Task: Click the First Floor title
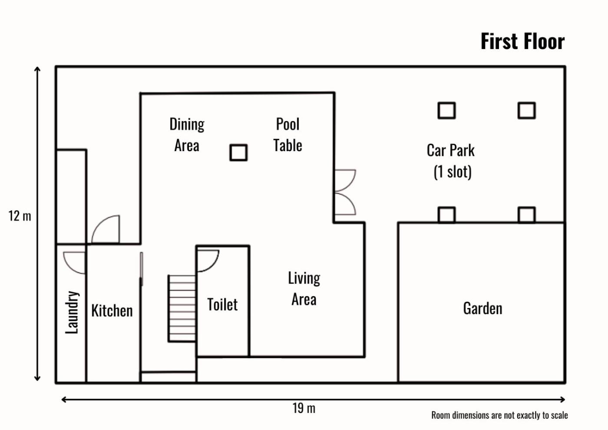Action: (522, 42)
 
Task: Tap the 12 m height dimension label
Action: (20, 216)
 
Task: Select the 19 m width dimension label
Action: (304, 408)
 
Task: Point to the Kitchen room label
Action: (112, 311)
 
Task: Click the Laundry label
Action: (72, 312)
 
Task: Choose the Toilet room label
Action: (222, 304)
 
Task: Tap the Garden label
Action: (482, 309)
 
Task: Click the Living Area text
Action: (304, 289)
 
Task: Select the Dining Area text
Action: (187, 135)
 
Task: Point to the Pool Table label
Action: (287, 135)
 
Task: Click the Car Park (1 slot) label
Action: (451, 161)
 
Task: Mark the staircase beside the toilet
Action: (182, 308)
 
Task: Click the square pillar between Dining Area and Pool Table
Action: (238, 152)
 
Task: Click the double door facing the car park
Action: (345, 192)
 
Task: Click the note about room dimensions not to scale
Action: (499, 415)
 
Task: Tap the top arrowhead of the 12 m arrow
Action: (37, 69)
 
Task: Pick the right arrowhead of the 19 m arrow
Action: (563, 400)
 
